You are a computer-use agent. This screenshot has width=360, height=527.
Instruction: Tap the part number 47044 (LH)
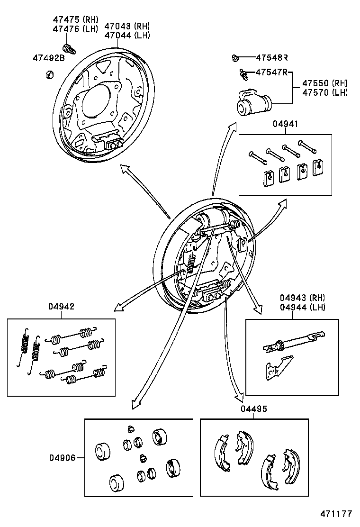tap(127, 35)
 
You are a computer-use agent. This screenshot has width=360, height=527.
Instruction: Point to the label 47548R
tap(272, 58)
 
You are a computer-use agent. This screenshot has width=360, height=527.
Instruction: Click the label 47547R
tap(271, 72)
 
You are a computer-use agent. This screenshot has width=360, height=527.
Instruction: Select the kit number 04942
tap(61, 307)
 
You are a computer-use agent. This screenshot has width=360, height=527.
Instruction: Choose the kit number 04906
tap(62, 458)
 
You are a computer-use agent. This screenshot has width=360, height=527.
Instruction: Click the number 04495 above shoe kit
tap(253, 409)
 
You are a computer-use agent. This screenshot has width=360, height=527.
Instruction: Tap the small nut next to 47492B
tap(50, 74)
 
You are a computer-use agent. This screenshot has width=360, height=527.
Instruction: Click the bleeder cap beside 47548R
tap(235, 58)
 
